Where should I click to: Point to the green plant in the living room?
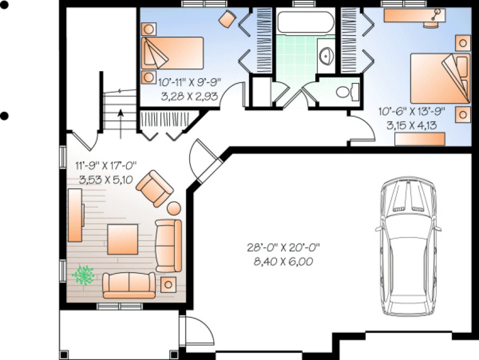point(83,275)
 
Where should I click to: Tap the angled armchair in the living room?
point(155,188)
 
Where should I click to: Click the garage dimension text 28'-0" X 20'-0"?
point(283,248)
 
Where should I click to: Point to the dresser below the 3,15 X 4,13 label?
point(419,139)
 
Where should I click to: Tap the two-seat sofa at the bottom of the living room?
point(129,285)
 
